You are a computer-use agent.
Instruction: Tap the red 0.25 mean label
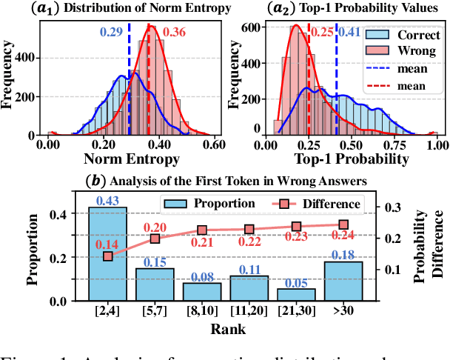[x=322, y=33]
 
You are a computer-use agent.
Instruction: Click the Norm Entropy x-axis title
[x=132, y=159]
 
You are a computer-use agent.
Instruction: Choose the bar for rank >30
[x=343, y=281]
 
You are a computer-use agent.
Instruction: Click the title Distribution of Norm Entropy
[x=135, y=8]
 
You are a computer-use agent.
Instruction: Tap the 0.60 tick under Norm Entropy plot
[x=215, y=144]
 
